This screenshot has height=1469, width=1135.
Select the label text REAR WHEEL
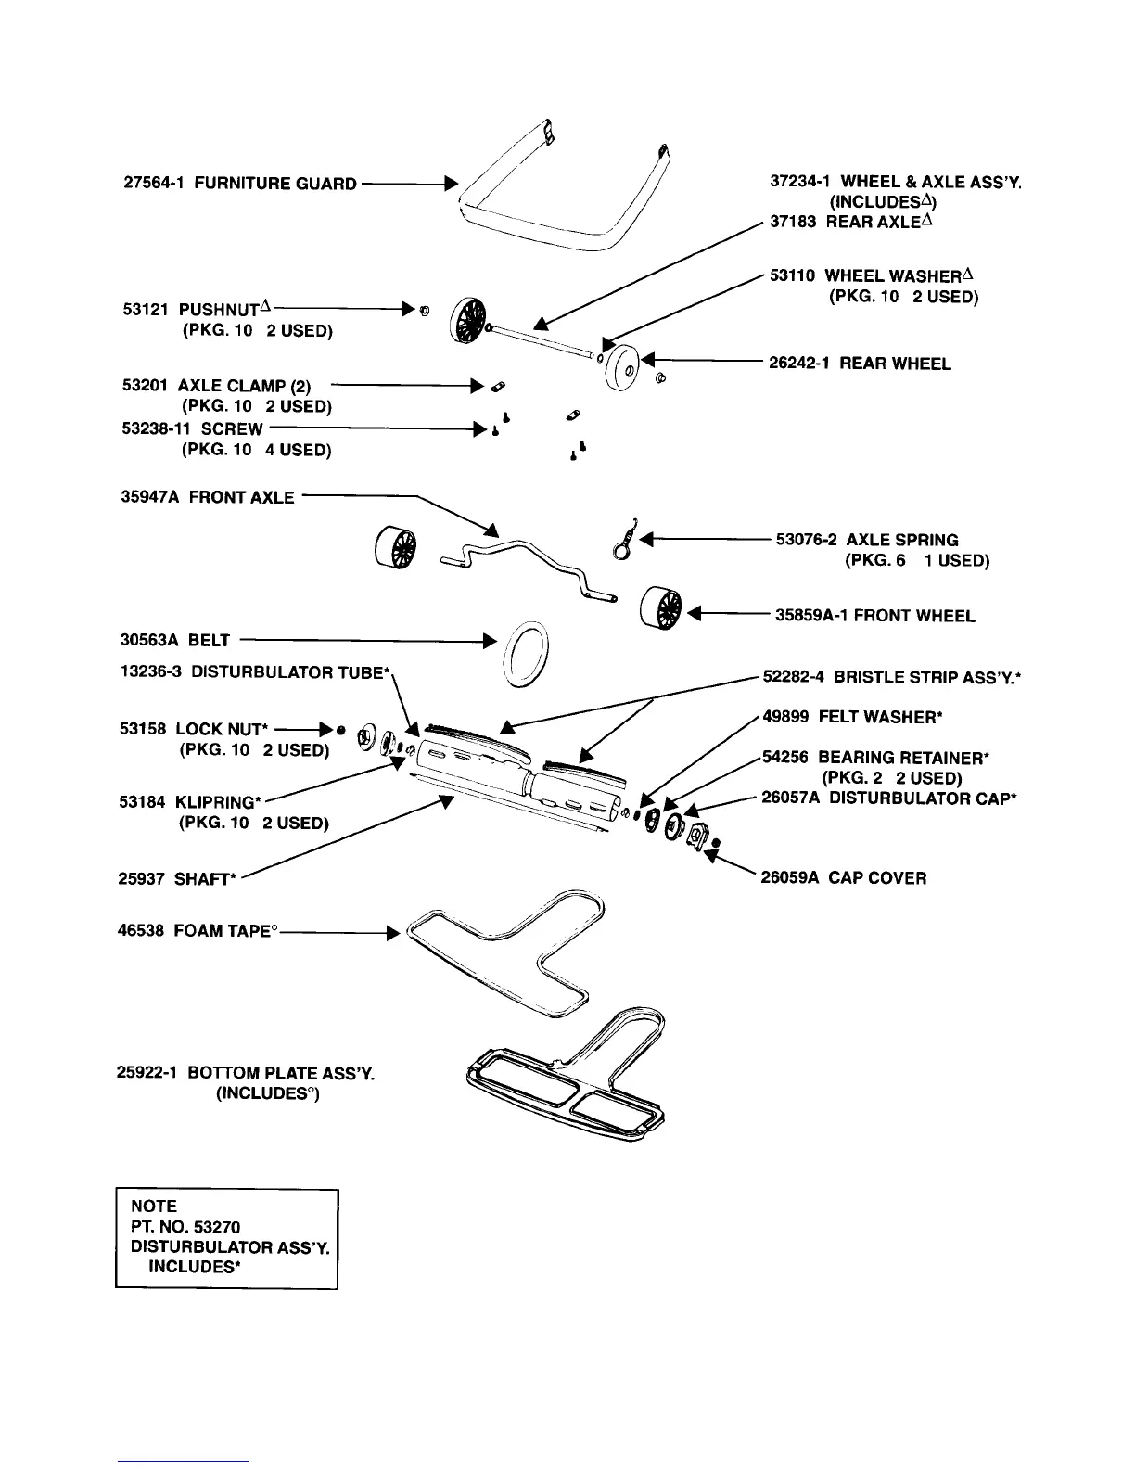(x=895, y=364)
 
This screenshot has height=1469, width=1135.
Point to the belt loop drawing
(x=527, y=656)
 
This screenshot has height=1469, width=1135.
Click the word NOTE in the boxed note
(x=154, y=1207)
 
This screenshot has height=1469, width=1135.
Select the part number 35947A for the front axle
(x=150, y=498)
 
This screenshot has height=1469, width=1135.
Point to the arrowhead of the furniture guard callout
(x=452, y=183)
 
